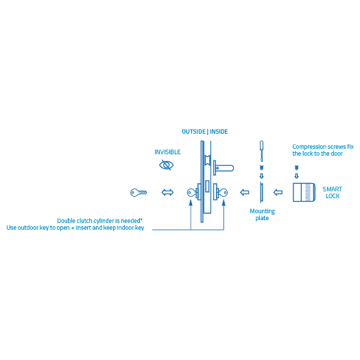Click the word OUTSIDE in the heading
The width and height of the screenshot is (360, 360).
pyautogui.click(x=193, y=131)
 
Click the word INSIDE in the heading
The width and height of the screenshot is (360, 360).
pyautogui.click(x=219, y=131)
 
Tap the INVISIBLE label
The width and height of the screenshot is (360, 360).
pyautogui.click(x=167, y=152)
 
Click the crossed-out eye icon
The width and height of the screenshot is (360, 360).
pyautogui.click(x=166, y=165)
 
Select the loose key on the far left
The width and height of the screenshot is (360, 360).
pyautogui.click(x=139, y=193)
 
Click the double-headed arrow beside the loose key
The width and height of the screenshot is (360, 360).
pyautogui.click(x=167, y=193)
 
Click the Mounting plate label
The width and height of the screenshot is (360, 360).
pyautogui.click(x=262, y=215)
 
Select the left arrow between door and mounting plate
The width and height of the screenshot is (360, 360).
pyautogui.click(x=244, y=193)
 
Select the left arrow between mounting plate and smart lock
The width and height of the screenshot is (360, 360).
pyautogui.click(x=278, y=193)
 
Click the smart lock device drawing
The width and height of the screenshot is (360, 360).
pyautogui.click(x=302, y=193)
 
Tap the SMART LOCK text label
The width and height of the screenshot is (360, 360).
pyautogui.click(x=333, y=193)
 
